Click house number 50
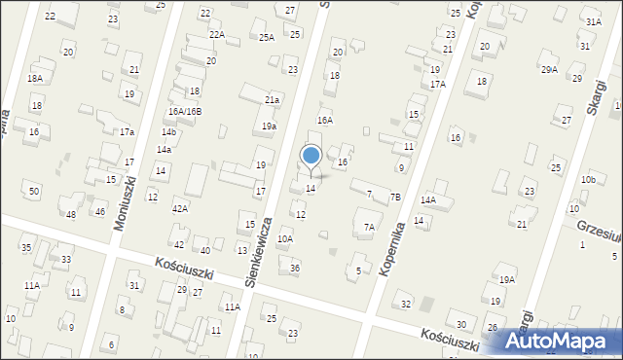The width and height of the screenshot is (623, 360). (x=34, y=192)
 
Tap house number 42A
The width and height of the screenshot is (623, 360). (x=179, y=208)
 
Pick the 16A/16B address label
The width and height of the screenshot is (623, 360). (x=184, y=112)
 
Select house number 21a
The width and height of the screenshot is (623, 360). (x=273, y=99)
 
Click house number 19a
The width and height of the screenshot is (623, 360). (x=269, y=126)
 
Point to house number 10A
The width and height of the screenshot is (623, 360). (x=285, y=238)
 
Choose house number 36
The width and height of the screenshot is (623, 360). (x=295, y=268)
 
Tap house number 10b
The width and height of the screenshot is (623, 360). (x=587, y=180)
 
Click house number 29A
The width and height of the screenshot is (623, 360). (x=550, y=69)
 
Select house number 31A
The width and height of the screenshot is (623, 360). (x=593, y=21)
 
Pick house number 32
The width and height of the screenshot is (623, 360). (x=406, y=305)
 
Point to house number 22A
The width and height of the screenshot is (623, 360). (x=217, y=35)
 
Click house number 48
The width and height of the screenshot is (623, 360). (x=71, y=213)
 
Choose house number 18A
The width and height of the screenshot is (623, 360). (x=35, y=78)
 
